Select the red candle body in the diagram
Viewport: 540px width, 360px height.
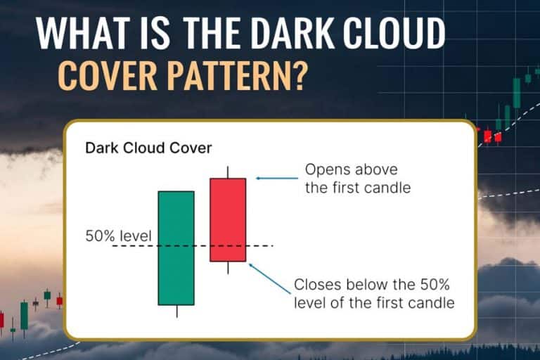(x=228, y=219)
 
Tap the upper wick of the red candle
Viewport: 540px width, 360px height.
(x=228, y=172)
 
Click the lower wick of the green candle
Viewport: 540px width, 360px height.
(x=176, y=311)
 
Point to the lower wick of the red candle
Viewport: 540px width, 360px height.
(x=228, y=268)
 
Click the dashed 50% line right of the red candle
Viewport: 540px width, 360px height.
(x=259, y=245)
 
